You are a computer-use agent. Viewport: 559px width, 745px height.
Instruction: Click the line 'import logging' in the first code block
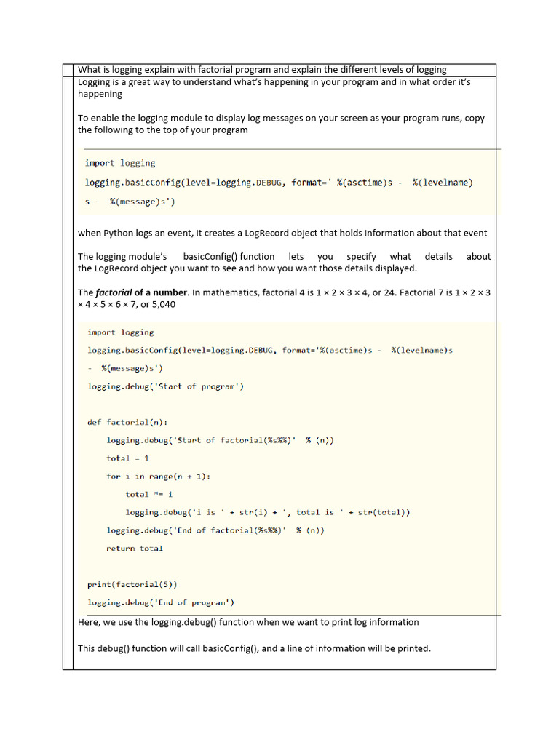[120, 163]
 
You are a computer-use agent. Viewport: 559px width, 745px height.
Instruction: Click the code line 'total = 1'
[127, 458]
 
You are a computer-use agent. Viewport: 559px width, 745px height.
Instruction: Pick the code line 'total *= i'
[148, 494]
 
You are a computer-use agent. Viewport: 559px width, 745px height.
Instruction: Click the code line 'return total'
[135, 549]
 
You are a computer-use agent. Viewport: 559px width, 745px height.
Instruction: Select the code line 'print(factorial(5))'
[132, 584]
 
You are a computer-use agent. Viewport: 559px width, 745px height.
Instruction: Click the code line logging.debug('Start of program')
[165, 386]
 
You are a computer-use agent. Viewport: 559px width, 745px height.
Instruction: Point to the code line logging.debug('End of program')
[160, 602]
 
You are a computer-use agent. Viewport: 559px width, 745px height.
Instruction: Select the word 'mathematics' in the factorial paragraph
[231, 292]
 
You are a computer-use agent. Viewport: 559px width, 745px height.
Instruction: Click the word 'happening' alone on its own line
[100, 94]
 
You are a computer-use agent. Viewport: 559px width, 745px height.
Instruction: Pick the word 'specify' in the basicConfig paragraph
[361, 256]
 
